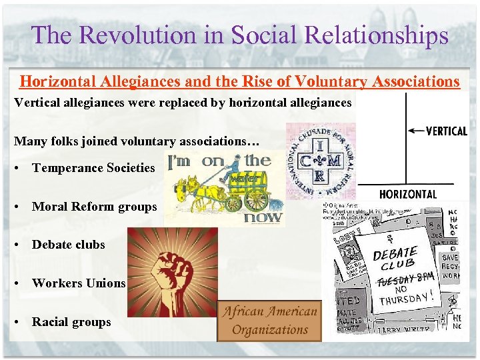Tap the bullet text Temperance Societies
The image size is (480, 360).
pyautogui.click(x=93, y=169)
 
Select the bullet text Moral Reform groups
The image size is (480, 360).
pyautogui.click(x=94, y=207)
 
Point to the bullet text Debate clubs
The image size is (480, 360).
pyautogui.click(x=68, y=245)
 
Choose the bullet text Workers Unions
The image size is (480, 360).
pyautogui.click(x=79, y=283)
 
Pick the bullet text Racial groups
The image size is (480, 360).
pyautogui.click(x=71, y=321)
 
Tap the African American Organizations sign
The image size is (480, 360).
pyautogui.click(x=269, y=321)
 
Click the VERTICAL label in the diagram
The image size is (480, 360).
pyautogui.click(x=446, y=131)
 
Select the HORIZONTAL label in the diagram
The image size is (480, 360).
pyautogui.click(x=408, y=195)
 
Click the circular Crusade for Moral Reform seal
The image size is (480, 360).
pyautogui.click(x=321, y=161)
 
